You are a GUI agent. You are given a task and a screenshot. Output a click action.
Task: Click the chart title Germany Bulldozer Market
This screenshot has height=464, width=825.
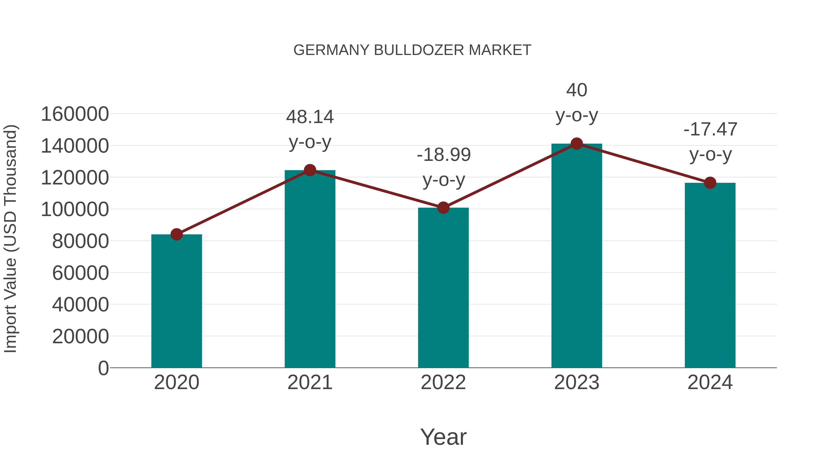[412, 50]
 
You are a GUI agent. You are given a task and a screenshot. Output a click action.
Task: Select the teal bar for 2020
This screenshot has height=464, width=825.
[176, 301]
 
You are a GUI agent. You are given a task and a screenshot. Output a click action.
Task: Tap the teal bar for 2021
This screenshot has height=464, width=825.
[310, 269]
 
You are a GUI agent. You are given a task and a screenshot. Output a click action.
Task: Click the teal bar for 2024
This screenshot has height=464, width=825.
[710, 275]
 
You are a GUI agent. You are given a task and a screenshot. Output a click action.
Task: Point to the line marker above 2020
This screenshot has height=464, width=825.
[176, 234]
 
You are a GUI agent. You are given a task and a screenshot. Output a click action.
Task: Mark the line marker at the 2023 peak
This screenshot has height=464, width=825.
[577, 144]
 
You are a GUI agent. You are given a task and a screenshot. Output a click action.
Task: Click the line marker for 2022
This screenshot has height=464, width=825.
[443, 208]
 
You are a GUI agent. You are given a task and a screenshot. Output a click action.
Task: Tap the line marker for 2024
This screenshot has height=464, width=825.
[710, 183]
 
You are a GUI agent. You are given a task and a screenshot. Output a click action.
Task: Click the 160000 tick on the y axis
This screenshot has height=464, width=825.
[75, 114]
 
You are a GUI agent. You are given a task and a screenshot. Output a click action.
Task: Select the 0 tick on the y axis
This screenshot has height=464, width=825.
[103, 368]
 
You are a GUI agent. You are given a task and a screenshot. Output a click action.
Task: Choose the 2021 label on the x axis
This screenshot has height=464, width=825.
[310, 382]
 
